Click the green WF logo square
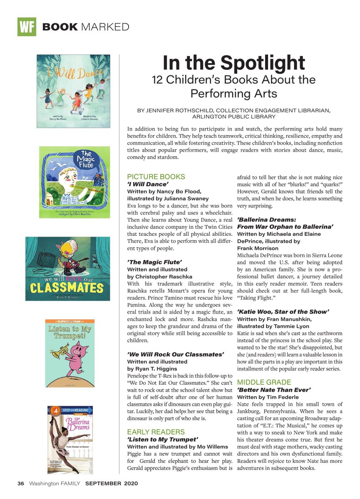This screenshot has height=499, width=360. coord(27,27)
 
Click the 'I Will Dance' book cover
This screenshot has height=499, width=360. coord(73,91)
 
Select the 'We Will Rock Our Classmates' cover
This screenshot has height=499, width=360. coord(68,269)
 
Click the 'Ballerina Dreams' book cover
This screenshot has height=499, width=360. coord(70,440)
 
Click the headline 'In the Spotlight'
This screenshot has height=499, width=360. coord(233,63)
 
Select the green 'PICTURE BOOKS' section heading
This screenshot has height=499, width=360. coord(156,176)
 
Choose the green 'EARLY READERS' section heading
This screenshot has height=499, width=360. coord(156,432)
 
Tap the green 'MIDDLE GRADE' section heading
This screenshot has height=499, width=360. coord(264,382)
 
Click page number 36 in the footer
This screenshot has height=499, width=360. coord(21,484)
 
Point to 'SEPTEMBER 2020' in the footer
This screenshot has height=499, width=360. coord(112,484)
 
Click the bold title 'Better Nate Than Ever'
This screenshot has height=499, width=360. coord(274,390)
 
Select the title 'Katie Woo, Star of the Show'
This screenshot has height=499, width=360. coord(283,311)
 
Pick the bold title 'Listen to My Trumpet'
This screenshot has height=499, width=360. coord(162,439)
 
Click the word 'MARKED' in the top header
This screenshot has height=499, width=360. coord(105,27)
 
